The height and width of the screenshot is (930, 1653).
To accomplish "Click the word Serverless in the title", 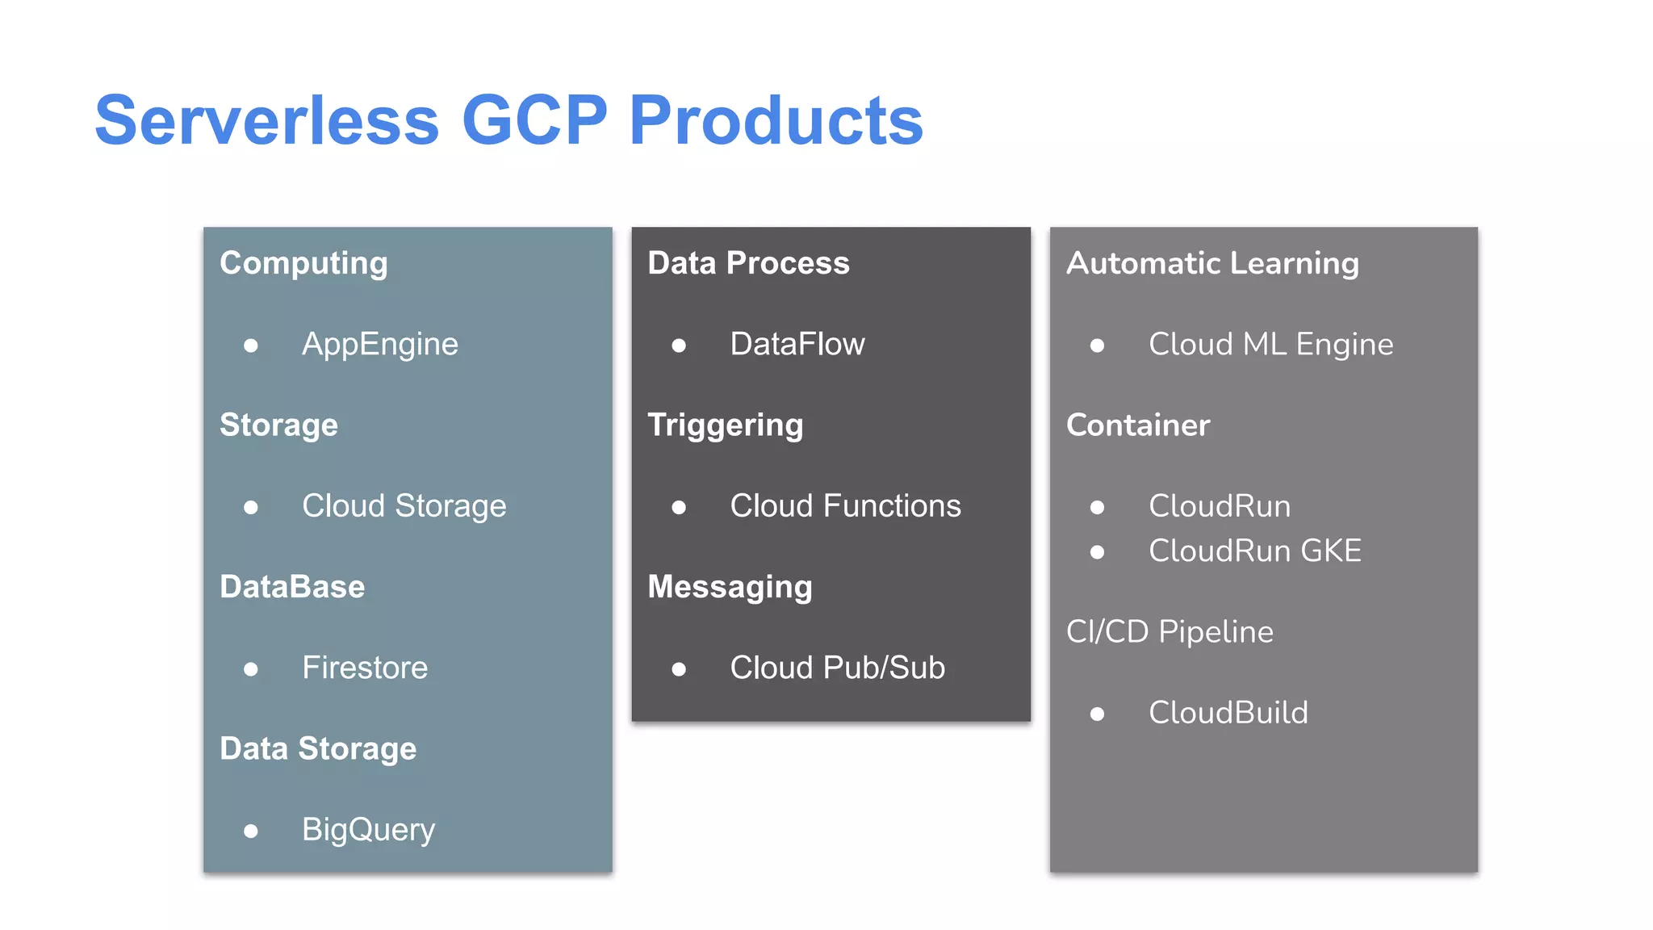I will [x=267, y=120].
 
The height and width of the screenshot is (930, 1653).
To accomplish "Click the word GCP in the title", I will [x=534, y=120].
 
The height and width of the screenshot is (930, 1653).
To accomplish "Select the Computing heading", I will [x=303, y=264].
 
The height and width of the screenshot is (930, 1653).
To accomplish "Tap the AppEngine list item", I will [x=379, y=345].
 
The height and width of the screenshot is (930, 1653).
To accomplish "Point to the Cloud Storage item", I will [x=404, y=506].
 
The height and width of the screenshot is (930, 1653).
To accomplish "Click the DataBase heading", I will [x=292, y=587].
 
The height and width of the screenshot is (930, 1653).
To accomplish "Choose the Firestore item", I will [x=365, y=668].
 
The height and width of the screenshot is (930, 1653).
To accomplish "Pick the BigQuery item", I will [x=368, y=830].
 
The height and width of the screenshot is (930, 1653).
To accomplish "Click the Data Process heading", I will [x=748, y=263].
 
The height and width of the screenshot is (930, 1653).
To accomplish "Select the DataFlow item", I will [x=797, y=345].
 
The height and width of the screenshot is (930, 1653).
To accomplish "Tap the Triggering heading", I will [x=725, y=425].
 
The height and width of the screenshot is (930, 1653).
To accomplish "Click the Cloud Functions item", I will [x=845, y=506].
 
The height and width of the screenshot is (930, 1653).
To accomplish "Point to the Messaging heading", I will [x=730, y=587].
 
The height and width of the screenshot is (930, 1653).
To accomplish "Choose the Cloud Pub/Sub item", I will [x=837, y=668].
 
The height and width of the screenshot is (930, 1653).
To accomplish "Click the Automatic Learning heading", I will [x=1212, y=263].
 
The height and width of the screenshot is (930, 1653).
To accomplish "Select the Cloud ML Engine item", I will [x=1270, y=345].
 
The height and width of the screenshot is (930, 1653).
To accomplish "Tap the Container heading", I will [x=1138, y=425].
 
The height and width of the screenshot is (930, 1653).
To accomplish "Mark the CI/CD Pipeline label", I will [x=1170, y=631].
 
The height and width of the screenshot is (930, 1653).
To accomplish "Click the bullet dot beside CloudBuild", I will [x=1097, y=714].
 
